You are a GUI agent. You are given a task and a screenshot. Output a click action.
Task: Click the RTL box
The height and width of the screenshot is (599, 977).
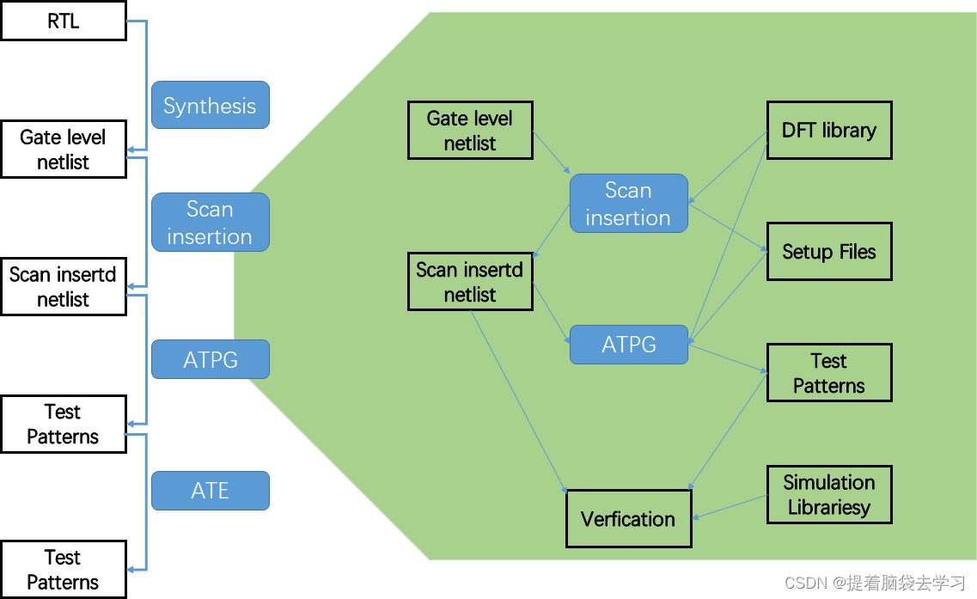click(x=63, y=21)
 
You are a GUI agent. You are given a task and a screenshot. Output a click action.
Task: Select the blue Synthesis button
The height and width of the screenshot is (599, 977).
click(x=211, y=106)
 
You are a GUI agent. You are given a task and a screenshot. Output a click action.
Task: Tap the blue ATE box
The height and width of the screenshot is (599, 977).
click(x=211, y=491)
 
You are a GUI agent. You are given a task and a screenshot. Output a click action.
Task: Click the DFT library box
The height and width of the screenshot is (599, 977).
click(x=828, y=130)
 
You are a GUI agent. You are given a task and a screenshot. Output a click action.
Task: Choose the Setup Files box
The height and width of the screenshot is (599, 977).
click(x=828, y=252)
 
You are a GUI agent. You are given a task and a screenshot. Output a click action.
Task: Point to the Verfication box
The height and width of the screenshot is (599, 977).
click(x=628, y=518)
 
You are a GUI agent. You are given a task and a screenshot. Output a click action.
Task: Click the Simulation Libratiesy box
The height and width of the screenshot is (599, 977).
click(x=828, y=495)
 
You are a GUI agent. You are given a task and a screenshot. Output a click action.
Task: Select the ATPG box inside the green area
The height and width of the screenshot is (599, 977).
click(x=629, y=345)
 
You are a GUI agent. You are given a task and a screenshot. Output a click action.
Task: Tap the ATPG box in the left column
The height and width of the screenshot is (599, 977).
click(x=211, y=359)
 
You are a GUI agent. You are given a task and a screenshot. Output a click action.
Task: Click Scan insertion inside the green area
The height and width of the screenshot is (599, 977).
click(x=628, y=204)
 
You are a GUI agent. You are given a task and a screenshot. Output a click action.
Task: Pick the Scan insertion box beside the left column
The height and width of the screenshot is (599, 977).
click(x=211, y=223)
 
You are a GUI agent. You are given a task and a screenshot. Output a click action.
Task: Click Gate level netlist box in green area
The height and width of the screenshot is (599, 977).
click(x=469, y=131)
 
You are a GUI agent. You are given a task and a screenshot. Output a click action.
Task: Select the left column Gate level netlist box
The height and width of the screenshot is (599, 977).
click(x=63, y=150)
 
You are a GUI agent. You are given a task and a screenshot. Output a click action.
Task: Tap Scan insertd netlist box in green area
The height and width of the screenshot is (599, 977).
click(x=469, y=282)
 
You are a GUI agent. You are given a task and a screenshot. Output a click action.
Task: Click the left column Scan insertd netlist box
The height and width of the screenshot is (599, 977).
click(x=63, y=287)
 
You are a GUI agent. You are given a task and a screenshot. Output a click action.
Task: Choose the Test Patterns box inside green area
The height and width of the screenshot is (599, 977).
click(x=828, y=373)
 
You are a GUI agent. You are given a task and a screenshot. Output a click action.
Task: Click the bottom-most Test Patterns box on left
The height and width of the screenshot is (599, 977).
click(x=63, y=569)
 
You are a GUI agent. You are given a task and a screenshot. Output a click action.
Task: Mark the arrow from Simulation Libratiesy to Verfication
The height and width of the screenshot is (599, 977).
click(x=730, y=507)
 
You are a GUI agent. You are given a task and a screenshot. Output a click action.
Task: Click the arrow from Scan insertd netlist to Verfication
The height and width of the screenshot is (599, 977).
click(x=517, y=400)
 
